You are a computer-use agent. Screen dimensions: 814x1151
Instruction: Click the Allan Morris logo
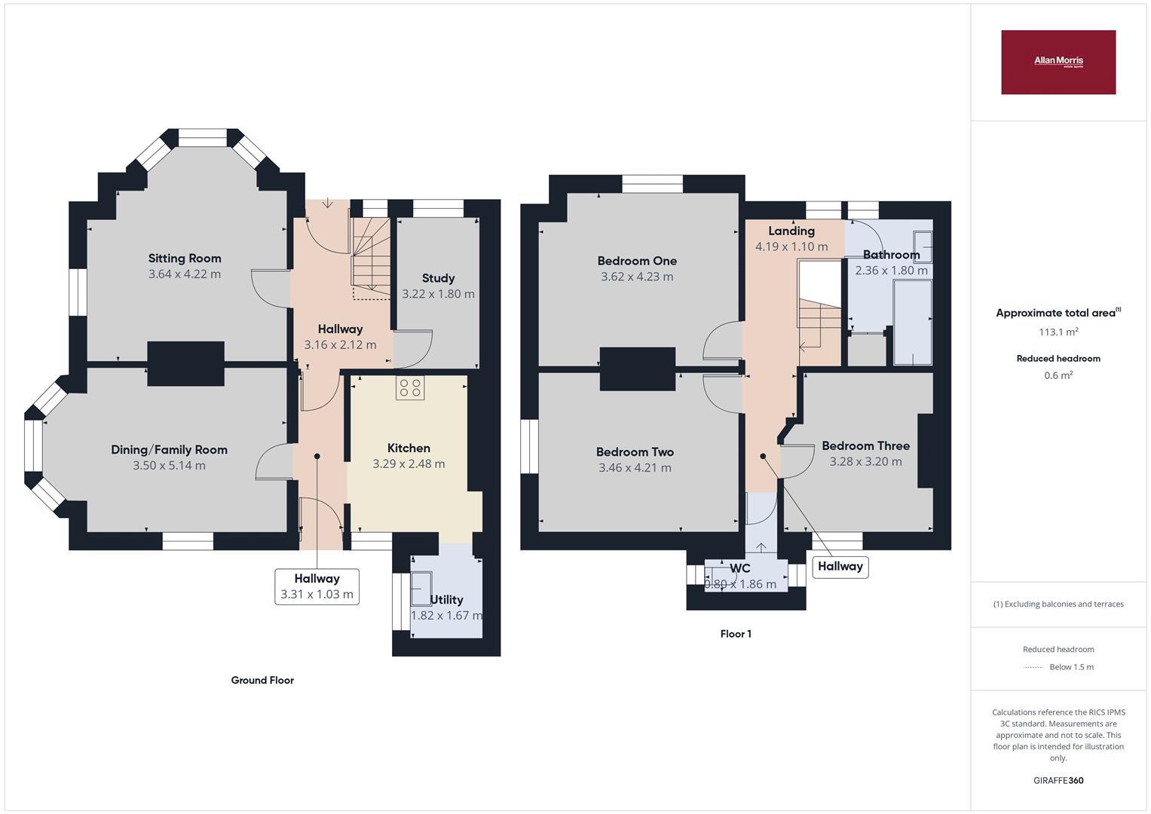1058,62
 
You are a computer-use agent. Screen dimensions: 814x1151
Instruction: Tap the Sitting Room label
185,259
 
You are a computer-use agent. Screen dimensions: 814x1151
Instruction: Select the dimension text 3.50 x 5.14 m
169,466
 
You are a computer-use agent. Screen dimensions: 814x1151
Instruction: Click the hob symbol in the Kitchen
410,387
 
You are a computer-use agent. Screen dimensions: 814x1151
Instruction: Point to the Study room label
438,278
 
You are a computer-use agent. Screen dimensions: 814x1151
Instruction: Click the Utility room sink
421,589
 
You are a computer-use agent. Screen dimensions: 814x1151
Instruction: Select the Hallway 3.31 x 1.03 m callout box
317,586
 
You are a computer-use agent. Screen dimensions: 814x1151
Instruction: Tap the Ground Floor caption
262,681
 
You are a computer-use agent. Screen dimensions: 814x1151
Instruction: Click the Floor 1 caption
735,634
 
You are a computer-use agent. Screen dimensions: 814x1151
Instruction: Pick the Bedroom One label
637,261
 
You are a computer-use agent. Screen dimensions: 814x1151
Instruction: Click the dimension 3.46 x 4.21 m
635,468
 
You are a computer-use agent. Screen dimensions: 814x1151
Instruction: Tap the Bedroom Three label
865,446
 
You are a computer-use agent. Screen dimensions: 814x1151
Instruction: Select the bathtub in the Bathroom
912,323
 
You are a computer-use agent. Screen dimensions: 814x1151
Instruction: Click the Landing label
791,231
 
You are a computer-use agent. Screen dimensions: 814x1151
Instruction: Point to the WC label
739,569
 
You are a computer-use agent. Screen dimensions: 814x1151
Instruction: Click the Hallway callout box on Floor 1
840,567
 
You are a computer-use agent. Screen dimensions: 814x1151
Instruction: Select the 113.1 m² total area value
1058,332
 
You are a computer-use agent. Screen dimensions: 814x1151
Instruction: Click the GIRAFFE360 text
1058,781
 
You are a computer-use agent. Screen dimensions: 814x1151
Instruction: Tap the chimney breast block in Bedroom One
637,369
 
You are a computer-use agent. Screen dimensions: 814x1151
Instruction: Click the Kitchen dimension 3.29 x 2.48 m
409,464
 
